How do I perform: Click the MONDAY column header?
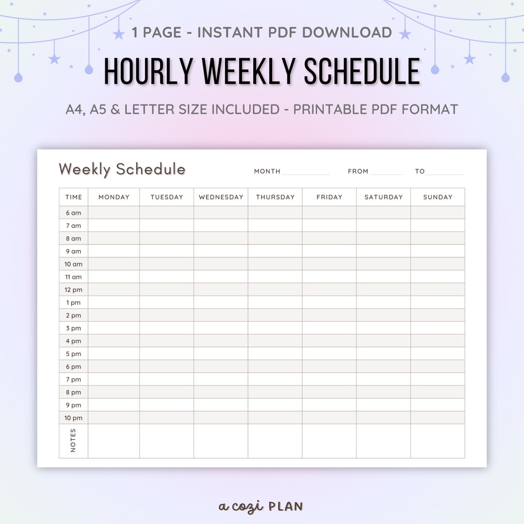click(x=114, y=197)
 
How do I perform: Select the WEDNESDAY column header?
click(x=221, y=197)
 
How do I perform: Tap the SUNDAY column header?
click(x=438, y=197)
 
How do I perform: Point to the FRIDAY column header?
click(x=329, y=197)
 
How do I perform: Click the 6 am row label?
click(x=74, y=213)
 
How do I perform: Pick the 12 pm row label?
click(x=74, y=290)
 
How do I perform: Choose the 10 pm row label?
click(x=74, y=418)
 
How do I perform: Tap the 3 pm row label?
click(x=74, y=328)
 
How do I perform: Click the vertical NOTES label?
click(x=73, y=441)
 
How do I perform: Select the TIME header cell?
click(x=74, y=197)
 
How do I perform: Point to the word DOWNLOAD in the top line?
click(x=347, y=33)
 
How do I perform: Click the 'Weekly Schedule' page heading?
click(x=122, y=169)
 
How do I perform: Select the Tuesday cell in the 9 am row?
click(x=167, y=251)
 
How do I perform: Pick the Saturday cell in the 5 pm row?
click(x=383, y=354)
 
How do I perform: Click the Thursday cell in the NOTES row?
click(x=275, y=441)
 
